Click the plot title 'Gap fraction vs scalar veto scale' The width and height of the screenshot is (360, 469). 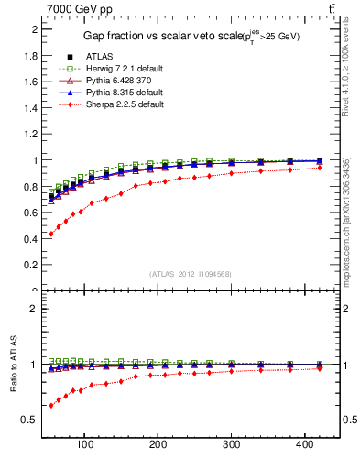pyautogui.click(x=191, y=35)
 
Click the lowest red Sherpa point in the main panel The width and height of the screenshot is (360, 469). pyautogui.click(x=51, y=234)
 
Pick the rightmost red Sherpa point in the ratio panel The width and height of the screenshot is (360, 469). pyautogui.click(x=319, y=368)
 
